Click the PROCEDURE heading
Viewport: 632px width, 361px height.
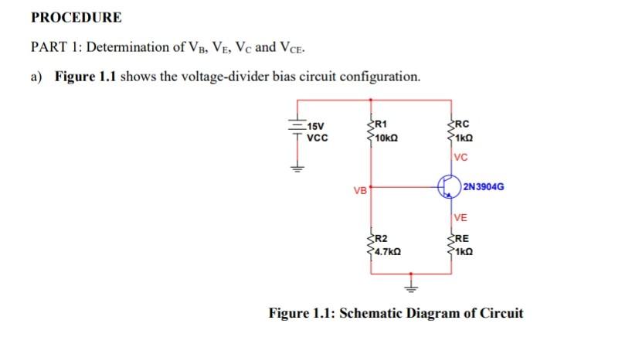[76, 17]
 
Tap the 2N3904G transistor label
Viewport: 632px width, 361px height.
[484, 186]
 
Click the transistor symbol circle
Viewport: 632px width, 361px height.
[447, 186]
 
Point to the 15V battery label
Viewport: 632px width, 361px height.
[317, 128]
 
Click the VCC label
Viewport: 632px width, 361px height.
[318, 138]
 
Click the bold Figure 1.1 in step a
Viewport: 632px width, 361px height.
[85, 77]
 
